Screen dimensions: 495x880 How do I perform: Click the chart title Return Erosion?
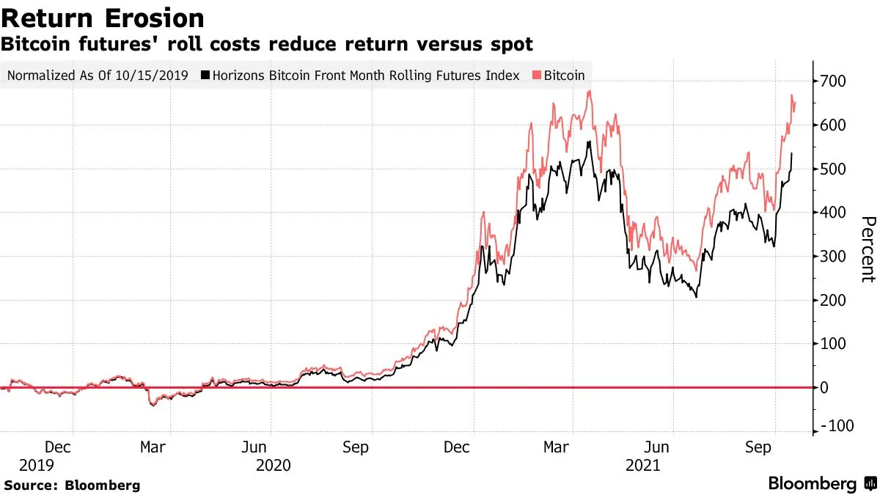click(x=103, y=18)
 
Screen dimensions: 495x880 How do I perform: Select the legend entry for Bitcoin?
click(x=563, y=76)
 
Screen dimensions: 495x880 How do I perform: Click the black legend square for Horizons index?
click(x=206, y=76)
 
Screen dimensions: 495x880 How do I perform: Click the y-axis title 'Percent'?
click(x=868, y=249)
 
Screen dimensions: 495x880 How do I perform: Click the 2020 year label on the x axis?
click(x=273, y=466)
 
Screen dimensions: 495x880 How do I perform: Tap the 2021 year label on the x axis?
click(x=643, y=466)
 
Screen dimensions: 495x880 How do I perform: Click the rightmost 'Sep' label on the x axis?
click(x=759, y=447)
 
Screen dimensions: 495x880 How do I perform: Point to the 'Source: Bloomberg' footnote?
click(x=72, y=485)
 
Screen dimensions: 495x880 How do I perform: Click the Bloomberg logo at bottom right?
click(x=821, y=484)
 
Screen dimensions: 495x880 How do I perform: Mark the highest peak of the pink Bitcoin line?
click(x=590, y=91)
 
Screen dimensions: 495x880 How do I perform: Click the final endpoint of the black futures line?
click(x=792, y=153)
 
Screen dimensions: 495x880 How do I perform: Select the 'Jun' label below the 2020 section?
click(x=254, y=447)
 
